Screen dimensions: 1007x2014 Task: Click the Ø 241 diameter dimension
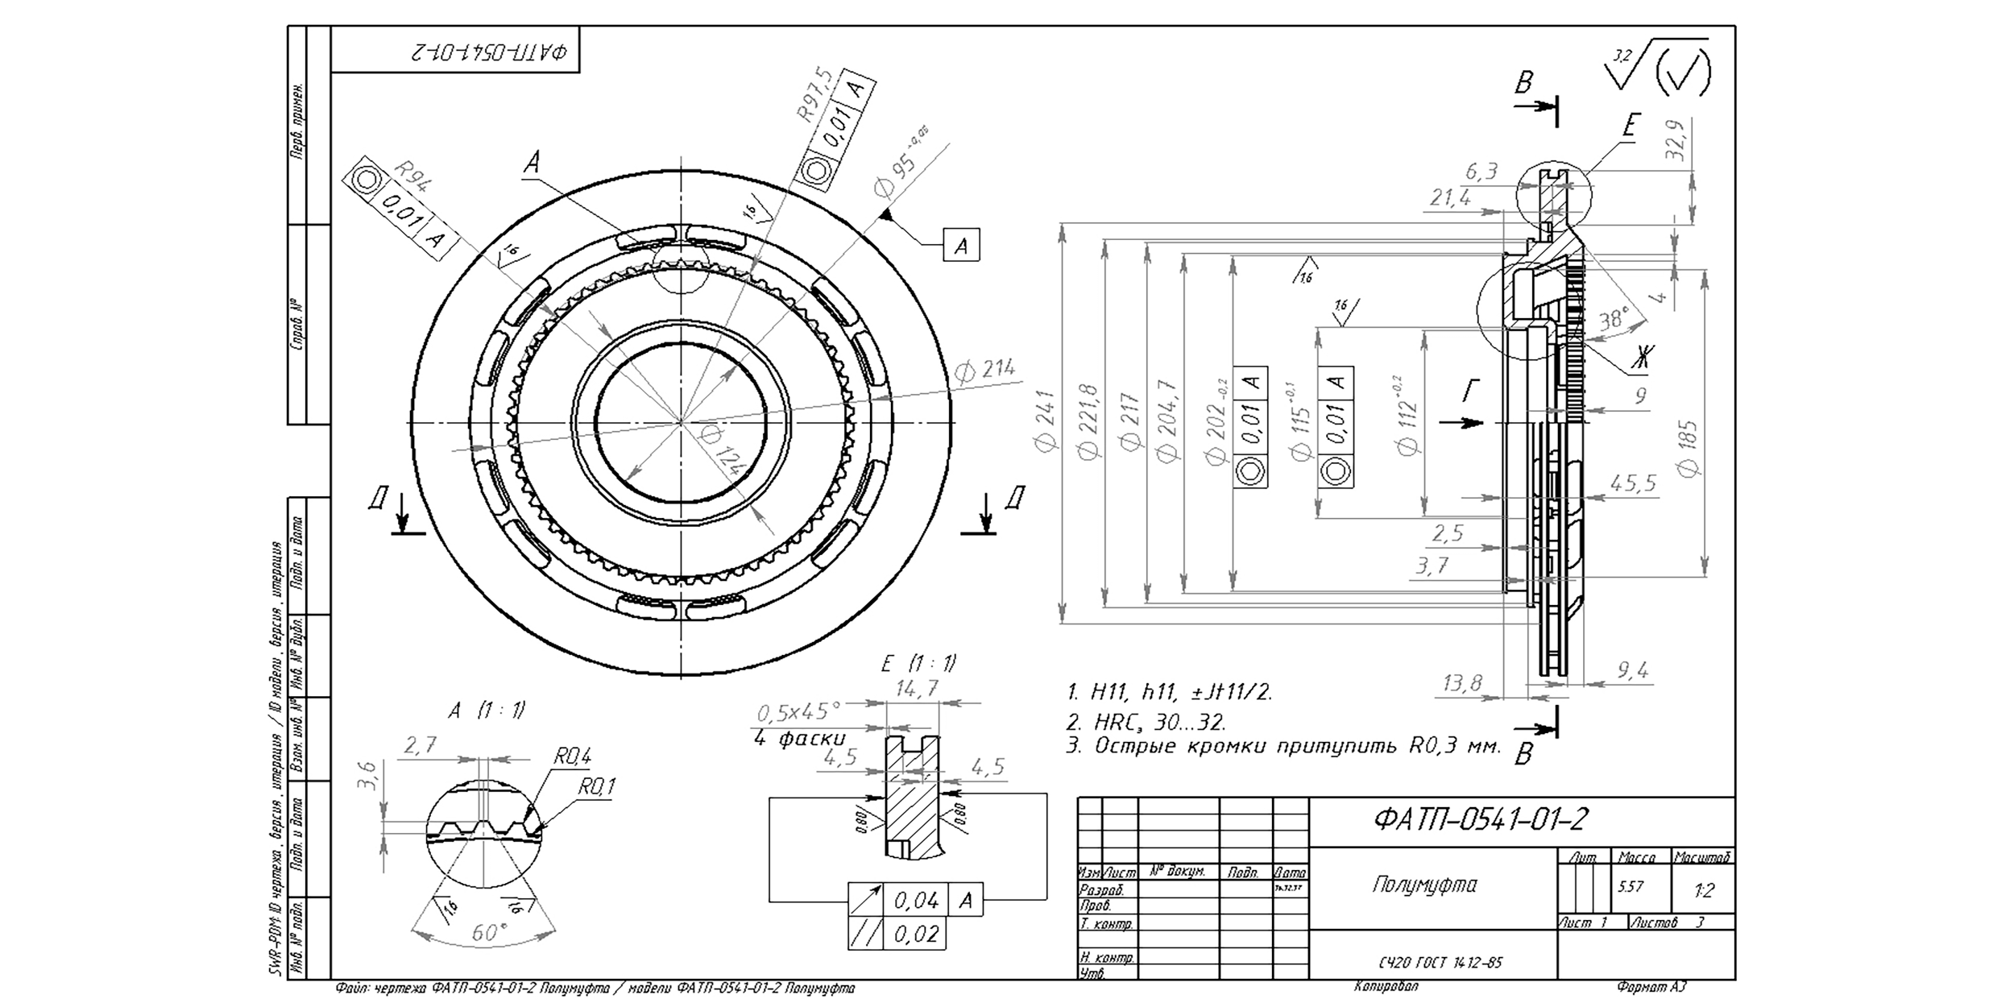coord(1046,422)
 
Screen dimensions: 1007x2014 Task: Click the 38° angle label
coord(1614,320)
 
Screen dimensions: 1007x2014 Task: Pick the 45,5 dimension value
coord(1633,483)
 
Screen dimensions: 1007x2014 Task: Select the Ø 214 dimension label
coord(984,370)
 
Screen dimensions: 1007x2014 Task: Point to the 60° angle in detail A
coord(487,933)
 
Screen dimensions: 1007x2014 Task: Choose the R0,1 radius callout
coord(595,786)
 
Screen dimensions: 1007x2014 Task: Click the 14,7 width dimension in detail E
coord(917,687)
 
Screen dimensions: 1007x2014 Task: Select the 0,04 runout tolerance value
coord(917,900)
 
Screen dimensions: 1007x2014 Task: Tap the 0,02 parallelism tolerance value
coord(917,934)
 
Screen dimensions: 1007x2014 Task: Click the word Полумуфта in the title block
coord(1424,885)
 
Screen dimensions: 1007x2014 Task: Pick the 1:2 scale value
coord(1704,891)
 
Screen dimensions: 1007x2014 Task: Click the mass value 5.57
coord(1629,887)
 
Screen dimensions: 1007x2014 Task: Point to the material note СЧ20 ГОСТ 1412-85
coord(1440,963)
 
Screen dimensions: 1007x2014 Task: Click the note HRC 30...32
coord(1146,722)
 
